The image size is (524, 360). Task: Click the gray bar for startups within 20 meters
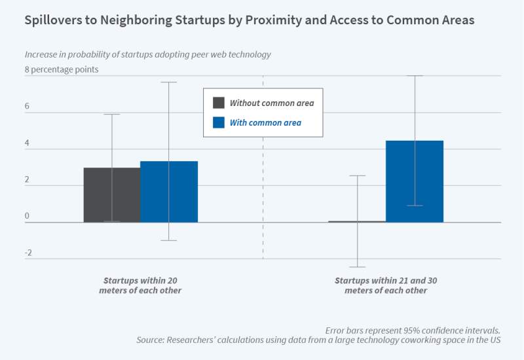pyautogui.click(x=111, y=195)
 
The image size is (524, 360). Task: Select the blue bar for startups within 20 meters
pyautogui.click(x=169, y=192)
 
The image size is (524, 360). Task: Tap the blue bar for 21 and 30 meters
pyautogui.click(x=415, y=181)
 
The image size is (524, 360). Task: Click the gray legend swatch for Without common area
pyautogui.click(x=219, y=103)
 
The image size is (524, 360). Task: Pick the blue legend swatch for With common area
pyautogui.click(x=219, y=122)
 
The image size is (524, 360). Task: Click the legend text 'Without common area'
pyautogui.click(x=272, y=103)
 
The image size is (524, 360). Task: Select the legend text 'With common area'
pyautogui.click(x=265, y=122)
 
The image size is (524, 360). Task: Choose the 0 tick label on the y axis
pyautogui.click(x=28, y=216)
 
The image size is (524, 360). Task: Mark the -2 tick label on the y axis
pyautogui.click(x=29, y=253)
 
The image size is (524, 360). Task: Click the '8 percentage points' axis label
pyautogui.click(x=62, y=69)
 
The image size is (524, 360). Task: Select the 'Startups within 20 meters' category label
pyautogui.click(x=140, y=285)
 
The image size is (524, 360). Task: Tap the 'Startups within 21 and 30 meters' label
pyautogui.click(x=386, y=285)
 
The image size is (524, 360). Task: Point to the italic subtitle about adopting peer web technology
pyautogui.click(x=147, y=54)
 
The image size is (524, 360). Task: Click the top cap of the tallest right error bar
pyautogui.click(x=415, y=76)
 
